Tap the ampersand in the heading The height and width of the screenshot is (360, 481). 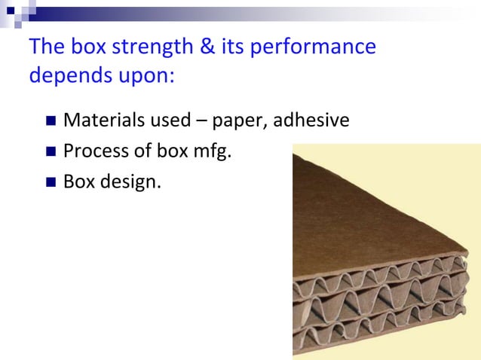[201, 47]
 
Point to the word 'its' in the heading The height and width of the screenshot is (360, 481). [230, 47]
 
